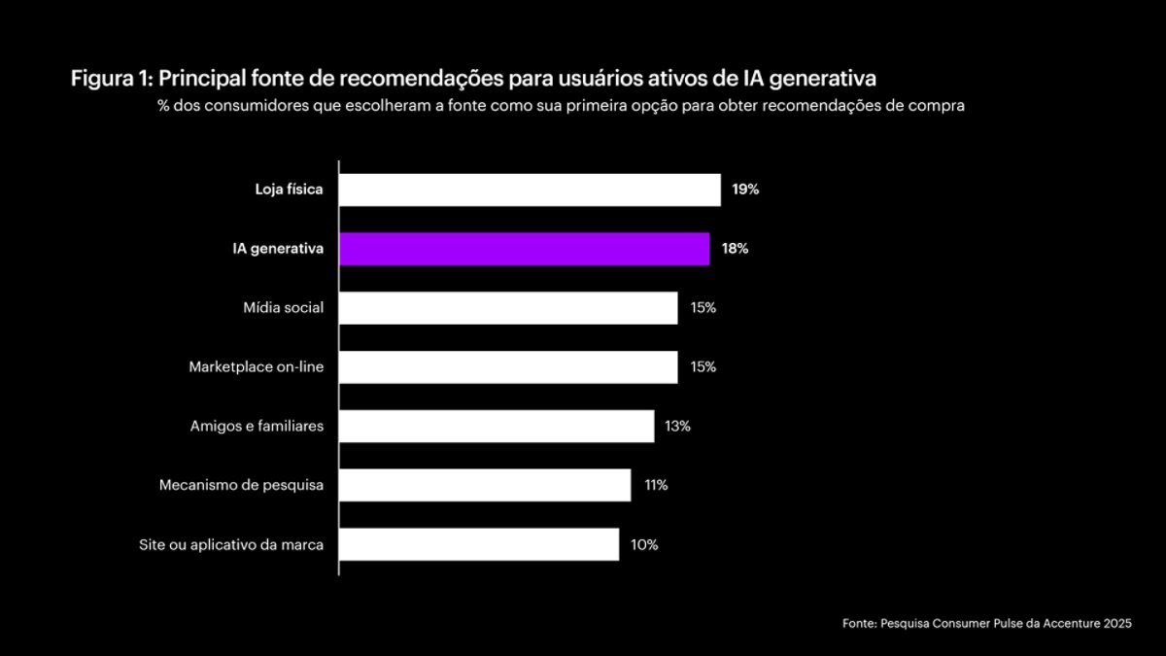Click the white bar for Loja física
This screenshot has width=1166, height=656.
[530, 190]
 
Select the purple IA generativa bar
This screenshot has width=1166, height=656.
[524, 249]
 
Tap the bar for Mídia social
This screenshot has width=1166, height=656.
[508, 308]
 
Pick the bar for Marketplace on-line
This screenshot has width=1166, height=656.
[508, 367]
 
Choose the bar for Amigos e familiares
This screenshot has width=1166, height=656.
[497, 426]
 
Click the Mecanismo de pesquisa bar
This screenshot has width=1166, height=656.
[485, 485]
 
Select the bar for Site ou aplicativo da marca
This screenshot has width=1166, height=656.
[479, 544]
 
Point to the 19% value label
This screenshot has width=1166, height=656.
[745, 190]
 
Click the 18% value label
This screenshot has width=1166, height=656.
[735, 249]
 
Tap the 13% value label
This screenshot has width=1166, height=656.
[677, 426]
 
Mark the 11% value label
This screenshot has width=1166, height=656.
[655, 485]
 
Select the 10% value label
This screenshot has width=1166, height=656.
[644, 544]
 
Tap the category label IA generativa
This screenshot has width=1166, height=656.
[270, 249]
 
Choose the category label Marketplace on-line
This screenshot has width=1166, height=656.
[256, 367]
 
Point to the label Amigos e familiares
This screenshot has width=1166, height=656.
[257, 426]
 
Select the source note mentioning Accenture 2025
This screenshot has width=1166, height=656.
[986, 624]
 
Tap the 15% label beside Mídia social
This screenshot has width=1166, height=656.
[703, 308]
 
